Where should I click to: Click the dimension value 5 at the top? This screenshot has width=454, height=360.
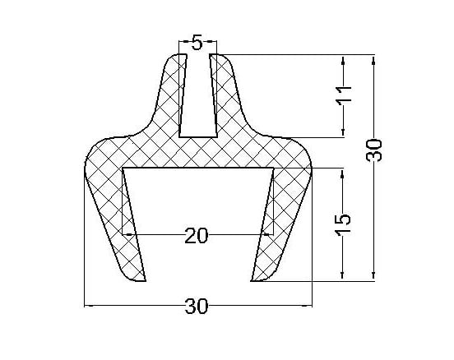click(x=197, y=43)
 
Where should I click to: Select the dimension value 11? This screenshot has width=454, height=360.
click(x=344, y=95)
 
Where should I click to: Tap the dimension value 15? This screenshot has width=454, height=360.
click(x=343, y=223)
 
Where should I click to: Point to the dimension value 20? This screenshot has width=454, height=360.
click(x=197, y=235)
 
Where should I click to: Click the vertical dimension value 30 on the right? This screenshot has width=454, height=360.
click(x=373, y=150)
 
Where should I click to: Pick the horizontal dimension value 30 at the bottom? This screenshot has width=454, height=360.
click(x=197, y=307)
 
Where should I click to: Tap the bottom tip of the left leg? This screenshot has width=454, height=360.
click(x=145, y=281)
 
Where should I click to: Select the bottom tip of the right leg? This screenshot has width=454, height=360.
click(x=252, y=281)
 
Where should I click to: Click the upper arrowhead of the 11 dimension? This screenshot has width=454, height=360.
click(x=343, y=60)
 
